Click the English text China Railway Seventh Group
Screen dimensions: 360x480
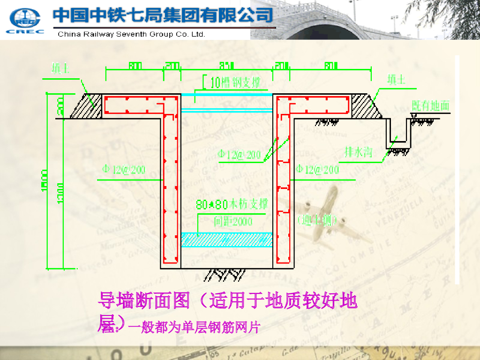pyautogui.click(x=131, y=34)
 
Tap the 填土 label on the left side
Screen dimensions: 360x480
pyautogui.click(x=60, y=69)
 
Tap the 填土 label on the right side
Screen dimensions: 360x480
pyautogui.click(x=396, y=79)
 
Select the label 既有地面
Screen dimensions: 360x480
pyautogui.click(x=430, y=105)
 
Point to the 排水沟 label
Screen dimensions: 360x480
pyautogui.click(x=358, y=152)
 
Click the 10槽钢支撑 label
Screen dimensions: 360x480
pyautogui.click(x=234, y=83)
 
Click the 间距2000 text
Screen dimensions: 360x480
pyautogui.click(x=233, y=221)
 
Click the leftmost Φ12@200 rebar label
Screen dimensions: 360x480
pyautogui.click(x=123, y=170)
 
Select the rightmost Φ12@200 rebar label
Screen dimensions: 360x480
pyautogui.click(x=317, y=169)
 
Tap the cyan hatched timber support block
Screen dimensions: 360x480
pyautogui.click(x=227, y=240)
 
